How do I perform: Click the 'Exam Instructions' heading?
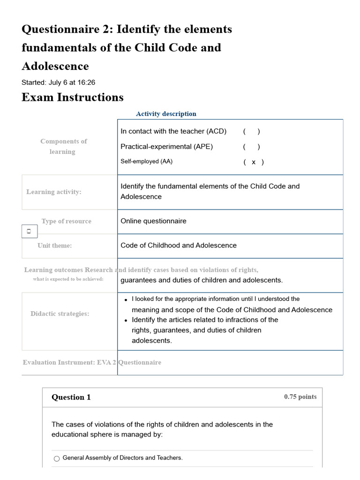pos(73,97)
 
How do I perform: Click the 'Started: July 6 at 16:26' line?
pos(58,82)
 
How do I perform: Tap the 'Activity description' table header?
pos(166,114)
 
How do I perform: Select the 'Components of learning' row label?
pos(63,146)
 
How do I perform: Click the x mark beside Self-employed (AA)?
pos(254,162)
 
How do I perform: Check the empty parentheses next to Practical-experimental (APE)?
pos(251,147)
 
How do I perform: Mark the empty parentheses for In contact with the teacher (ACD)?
pos(251,132)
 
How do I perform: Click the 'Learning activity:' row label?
pos(54,192)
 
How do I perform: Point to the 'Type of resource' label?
pos(66,221)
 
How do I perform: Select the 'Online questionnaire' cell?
pos(153,221)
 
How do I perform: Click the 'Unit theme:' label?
pos(55,246)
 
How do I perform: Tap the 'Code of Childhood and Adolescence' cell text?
pos(179,246)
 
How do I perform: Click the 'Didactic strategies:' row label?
pos(60,314)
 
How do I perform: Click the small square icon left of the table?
pos(29,231)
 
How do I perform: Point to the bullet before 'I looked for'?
pos(126,300)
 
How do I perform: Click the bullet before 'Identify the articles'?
pos(126,321)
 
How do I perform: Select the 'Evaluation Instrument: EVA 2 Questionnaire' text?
pos(92,362)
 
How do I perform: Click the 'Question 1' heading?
pos(71,397)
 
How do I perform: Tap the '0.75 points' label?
pos(300,397)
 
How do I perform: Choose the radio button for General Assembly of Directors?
pos(57,458)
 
